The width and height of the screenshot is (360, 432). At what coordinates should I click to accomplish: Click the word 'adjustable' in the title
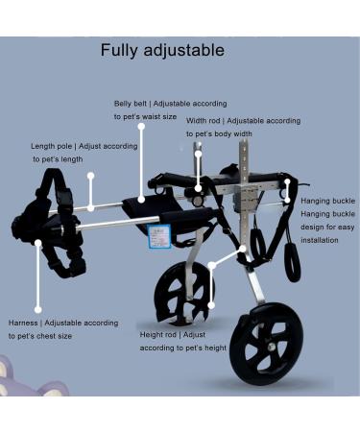[189, 50]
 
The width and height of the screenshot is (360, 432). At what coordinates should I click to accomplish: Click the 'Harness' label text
[24, 323]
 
